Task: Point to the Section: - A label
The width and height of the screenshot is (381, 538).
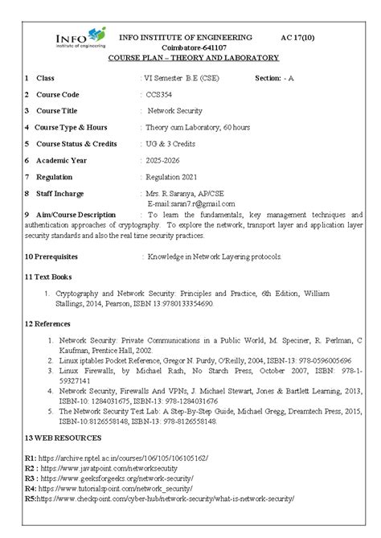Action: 281,77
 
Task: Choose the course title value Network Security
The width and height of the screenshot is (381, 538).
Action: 174,110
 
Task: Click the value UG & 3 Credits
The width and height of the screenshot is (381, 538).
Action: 170,143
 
